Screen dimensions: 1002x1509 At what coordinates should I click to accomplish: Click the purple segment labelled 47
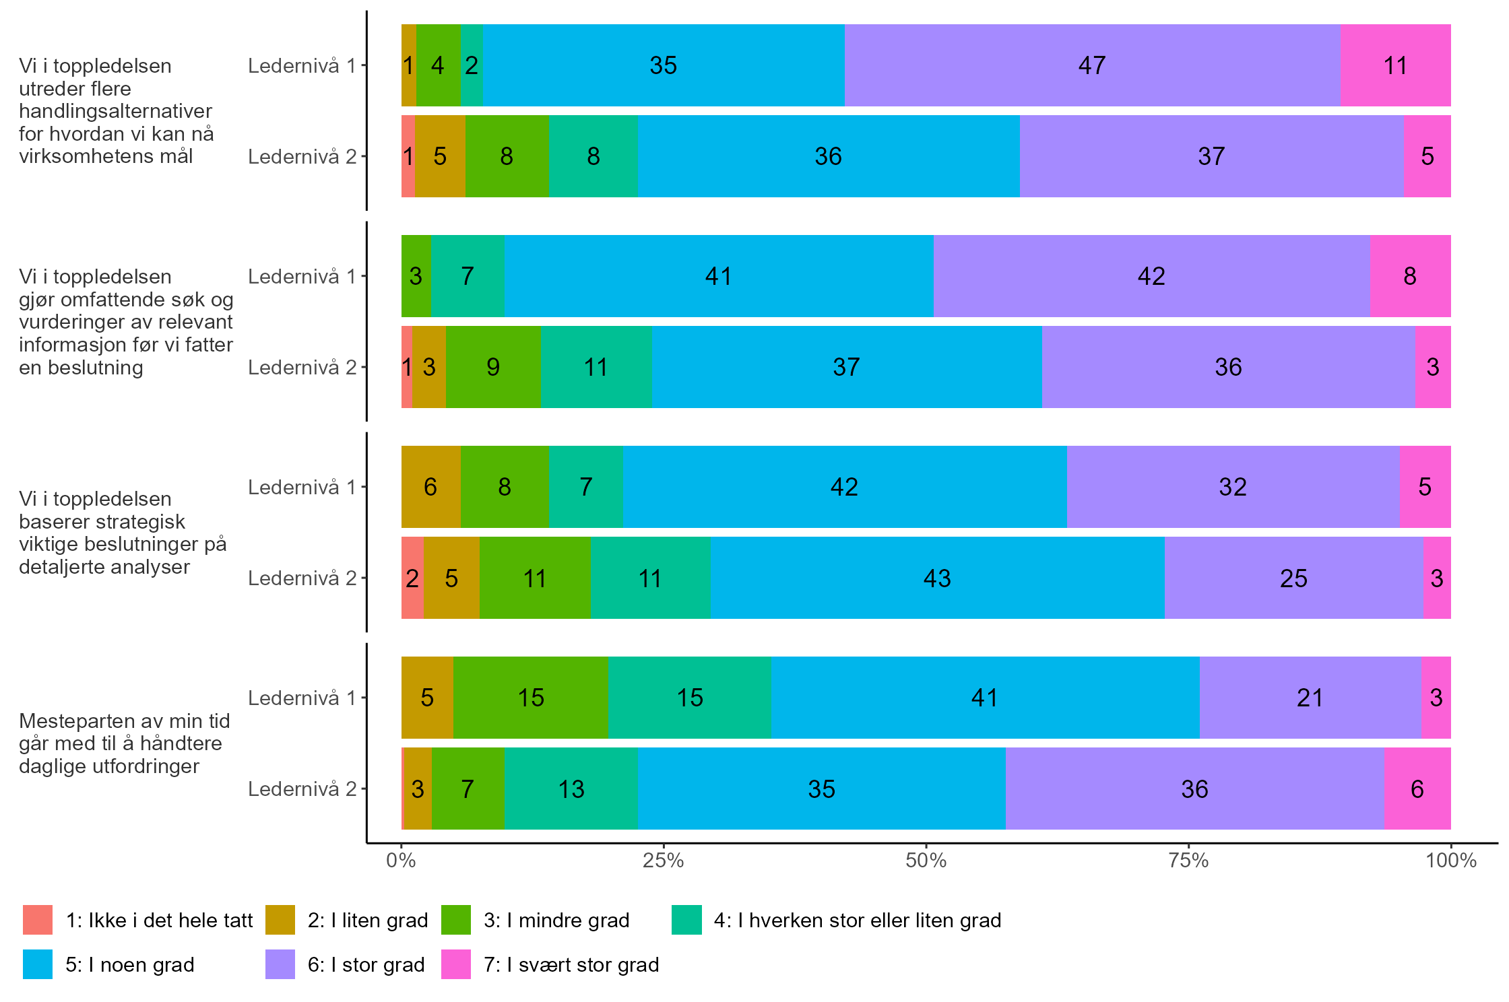tap(1091, 65)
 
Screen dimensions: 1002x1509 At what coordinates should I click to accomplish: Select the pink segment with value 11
tap(1394, 65)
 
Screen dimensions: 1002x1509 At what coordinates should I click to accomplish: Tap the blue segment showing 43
tap(937, 578)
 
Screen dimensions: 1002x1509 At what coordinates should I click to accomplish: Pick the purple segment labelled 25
tap(1293, 578)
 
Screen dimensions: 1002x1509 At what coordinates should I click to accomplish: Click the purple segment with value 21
tap(1310, 698)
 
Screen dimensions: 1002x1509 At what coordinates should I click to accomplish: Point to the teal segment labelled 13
tap(571, 789)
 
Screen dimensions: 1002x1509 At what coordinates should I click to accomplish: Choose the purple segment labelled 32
tap(1233, 487)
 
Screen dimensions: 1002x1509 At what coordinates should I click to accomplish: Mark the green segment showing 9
tap(493, 367)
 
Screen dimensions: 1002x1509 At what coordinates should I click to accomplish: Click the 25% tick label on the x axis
tap(663, 860)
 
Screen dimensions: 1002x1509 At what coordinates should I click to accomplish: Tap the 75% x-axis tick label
tap(1188, 860)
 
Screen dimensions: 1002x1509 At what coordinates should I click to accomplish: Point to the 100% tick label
tap(1450, 860)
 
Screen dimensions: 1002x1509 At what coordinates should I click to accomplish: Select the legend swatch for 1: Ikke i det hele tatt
tap(38, 920)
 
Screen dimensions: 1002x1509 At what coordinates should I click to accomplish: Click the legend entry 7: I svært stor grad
tap(571, 964)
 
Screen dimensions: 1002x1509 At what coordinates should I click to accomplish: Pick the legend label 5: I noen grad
tap(129, 964)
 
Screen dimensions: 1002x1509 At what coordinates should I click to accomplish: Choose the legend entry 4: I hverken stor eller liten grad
tap(857, 920)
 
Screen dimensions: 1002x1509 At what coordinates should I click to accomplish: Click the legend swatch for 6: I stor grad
tap(280, 964)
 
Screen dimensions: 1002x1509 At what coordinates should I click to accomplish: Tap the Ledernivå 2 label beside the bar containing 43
tap(302, 578)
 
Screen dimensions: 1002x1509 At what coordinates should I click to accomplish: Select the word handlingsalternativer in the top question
tap(115, 110)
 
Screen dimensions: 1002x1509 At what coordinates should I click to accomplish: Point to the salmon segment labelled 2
tap(412, 578)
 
